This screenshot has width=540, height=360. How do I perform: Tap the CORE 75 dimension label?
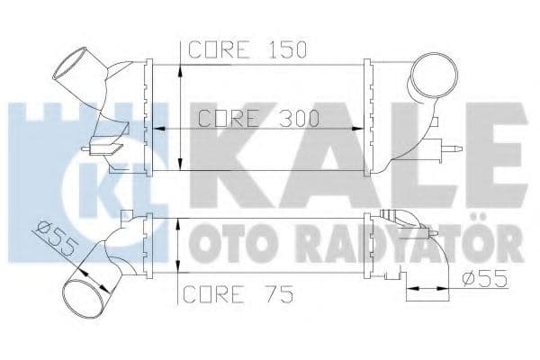tap(229, 294)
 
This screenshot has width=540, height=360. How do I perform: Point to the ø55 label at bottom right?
tap(482, 279)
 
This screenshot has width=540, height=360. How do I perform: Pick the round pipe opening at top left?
tap(68, 67)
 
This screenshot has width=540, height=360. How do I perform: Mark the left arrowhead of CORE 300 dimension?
tap(162, 129)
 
